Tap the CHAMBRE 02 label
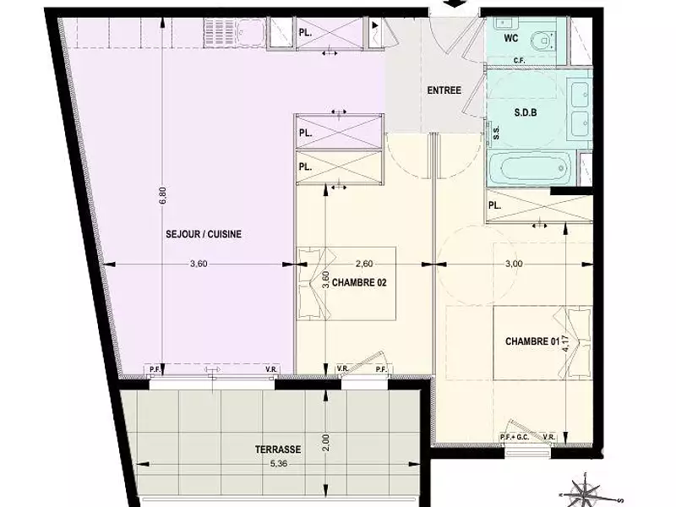[359, 282]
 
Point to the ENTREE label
[444, 90]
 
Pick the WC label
[511, 39]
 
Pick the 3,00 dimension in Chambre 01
[513, 264]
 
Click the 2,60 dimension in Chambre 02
[364, 264]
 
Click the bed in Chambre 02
[346, 285]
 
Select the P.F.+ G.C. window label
[514, 437]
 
